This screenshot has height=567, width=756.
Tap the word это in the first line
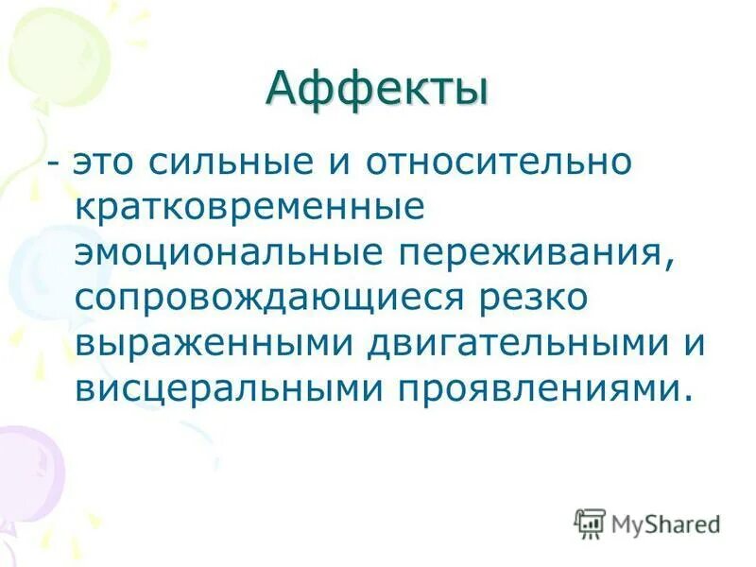pyautogui.click(x=109, y=163)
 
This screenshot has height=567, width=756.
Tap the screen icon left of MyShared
pyautogui.click(x=590, y=523)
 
